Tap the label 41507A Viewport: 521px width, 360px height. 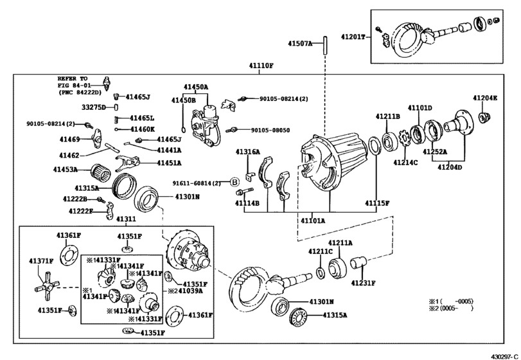(x=300, y=44)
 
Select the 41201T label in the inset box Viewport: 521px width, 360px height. (x=353, y=37)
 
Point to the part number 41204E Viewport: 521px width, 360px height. (x=486, y=98)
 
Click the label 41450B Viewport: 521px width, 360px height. (x=184, y=100)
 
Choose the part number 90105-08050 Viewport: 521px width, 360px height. (x=270, y=130)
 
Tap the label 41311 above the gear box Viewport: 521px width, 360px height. (x=125, y=219)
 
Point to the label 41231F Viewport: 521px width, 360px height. (x=363, y=282)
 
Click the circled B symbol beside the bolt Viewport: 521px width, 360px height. (x=235, y=182)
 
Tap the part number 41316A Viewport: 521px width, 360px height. (x=247, y=152)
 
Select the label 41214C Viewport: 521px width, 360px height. (x=406, y=163)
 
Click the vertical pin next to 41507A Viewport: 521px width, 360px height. (x=326, y=44)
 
